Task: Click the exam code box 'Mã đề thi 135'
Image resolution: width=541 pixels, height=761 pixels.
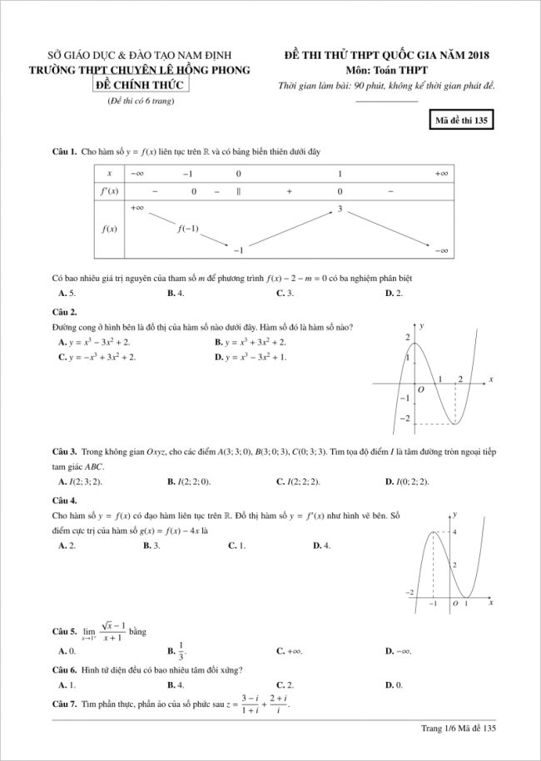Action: (460, 120)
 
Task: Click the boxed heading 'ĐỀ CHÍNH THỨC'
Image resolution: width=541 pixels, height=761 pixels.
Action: (139, 85)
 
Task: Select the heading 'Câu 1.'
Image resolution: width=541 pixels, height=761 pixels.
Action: (64, 152)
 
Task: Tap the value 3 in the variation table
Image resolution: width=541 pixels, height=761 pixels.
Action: (340, 208)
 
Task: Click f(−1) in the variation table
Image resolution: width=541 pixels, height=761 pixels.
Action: (188, 228)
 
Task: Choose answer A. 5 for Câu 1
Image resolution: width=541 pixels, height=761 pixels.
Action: (67, 294)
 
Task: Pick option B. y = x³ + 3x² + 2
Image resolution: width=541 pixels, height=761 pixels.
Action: (250, 342)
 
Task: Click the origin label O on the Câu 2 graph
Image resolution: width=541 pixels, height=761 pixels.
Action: (421, 388)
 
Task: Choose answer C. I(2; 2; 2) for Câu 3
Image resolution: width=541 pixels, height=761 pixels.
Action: (298, 482)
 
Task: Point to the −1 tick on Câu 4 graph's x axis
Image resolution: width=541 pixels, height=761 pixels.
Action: (433, 603)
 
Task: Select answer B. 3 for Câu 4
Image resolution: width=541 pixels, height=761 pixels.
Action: (151, 546)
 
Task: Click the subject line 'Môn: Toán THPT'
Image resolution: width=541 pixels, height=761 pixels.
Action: (386, 71)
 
